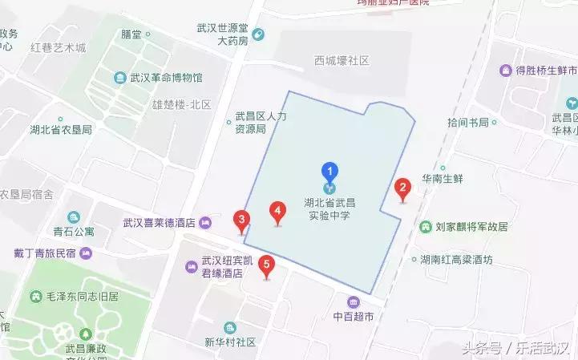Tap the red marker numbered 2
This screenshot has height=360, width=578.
click(403, 189)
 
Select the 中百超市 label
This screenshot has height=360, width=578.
click(354, 316)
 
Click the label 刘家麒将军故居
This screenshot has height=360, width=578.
click(471, 227)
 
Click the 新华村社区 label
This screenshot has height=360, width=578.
click(229, 342)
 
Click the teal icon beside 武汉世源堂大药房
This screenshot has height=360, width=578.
click(258, 34)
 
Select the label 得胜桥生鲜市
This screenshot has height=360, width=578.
click(538, 71)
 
